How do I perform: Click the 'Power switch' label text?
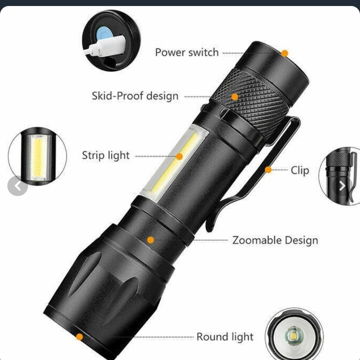coord(187,52)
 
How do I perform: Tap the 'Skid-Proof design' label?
coord(135,96)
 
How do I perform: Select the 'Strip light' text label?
coord(106,155)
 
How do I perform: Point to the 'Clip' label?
coord(300,170)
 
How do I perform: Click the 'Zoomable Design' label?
coord(275,240)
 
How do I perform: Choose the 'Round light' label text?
coord(225,337)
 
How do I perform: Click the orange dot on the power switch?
coord(284,53)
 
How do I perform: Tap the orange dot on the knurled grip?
coord(235,97)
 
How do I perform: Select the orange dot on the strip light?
coord(179,157)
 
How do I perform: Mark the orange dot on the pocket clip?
coord(268,170)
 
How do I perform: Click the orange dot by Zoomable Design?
coord(151,240)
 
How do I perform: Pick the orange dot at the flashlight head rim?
coord(79,337)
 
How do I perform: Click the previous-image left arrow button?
coord(18,186)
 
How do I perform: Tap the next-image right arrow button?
coord(342,186)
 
